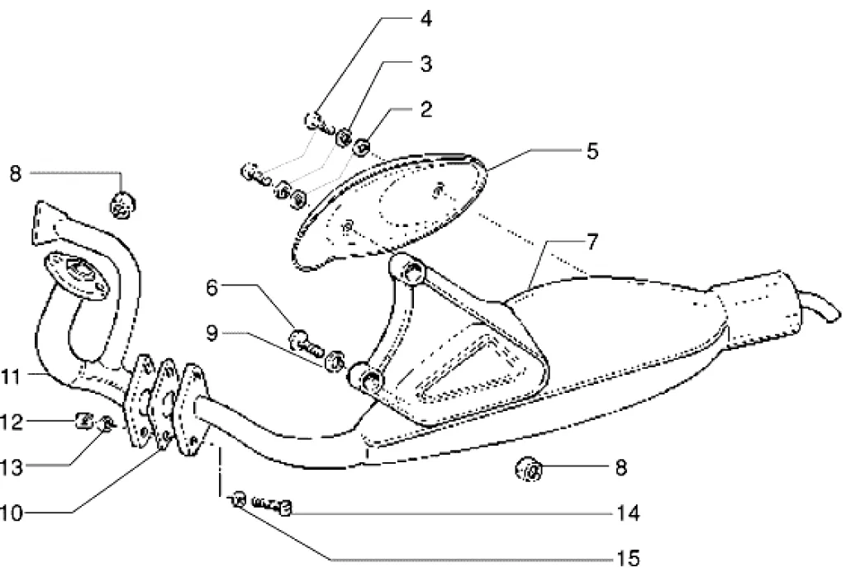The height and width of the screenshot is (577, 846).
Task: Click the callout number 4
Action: (x=425, y=17)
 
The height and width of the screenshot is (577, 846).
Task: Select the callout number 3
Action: (x=425, y=64)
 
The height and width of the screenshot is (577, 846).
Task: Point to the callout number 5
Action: (x=592, y=151)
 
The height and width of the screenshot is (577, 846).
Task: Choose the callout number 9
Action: (x=212, y=335)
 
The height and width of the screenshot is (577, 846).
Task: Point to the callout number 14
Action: (x=627, y=514)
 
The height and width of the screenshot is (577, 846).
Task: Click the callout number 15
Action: (x=627, y=559)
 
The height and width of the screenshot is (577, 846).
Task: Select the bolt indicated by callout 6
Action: (x=306, y=341)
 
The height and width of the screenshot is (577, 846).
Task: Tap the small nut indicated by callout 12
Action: (x=83, y=422)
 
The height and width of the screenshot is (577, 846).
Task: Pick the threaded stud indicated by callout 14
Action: (x=273, y=504)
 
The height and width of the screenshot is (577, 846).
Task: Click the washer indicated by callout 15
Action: (x=237, y=498)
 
